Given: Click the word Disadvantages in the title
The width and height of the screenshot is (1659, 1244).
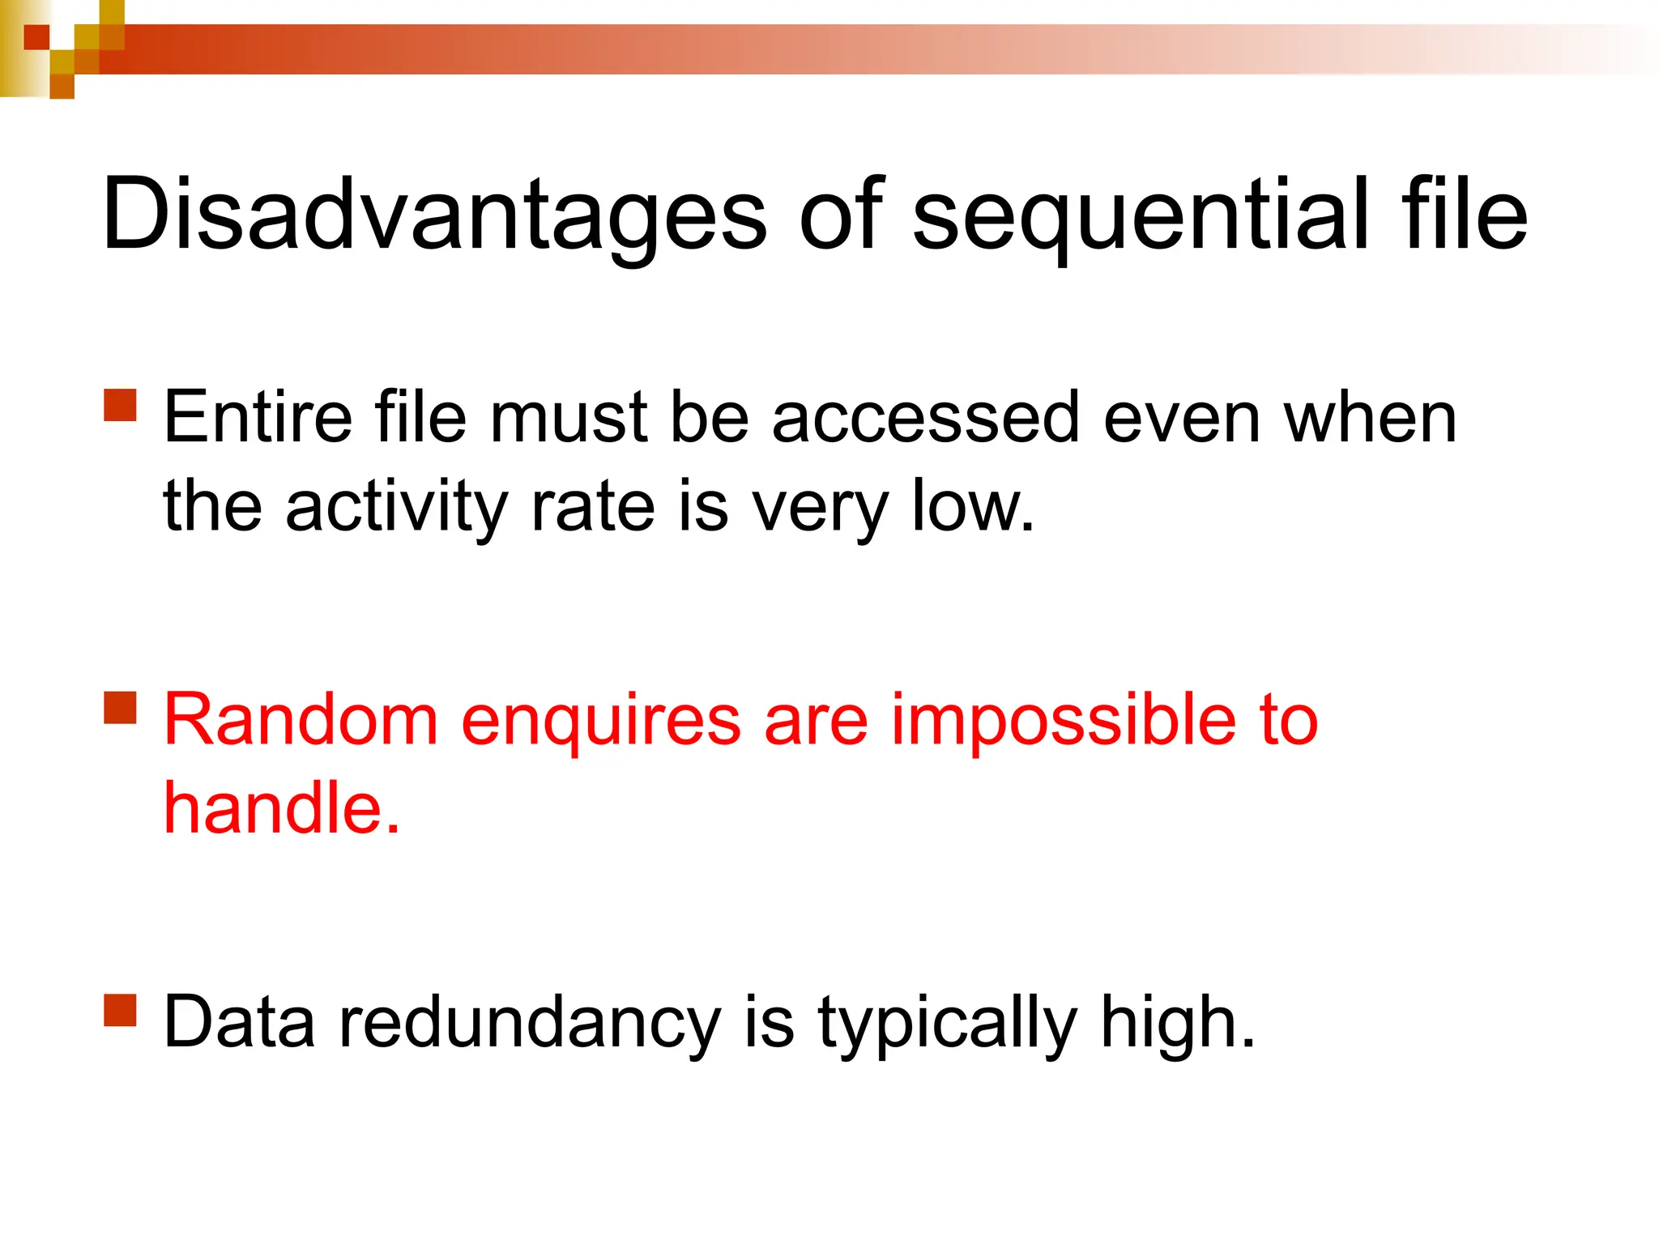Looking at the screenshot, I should [x=433, y=215].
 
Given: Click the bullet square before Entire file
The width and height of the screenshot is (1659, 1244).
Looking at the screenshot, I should [x=121, y=405].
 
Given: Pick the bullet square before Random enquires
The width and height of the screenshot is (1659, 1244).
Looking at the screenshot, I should [x=121, y=707].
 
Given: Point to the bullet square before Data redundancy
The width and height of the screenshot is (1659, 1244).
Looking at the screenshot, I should [x=121, y=1010].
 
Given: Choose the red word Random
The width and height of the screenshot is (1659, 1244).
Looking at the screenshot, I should [x=301, y=720].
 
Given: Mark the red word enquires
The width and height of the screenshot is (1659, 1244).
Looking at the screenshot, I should [x=600, y=720].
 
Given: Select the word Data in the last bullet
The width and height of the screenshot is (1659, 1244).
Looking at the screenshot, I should [x=239, y=1023].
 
